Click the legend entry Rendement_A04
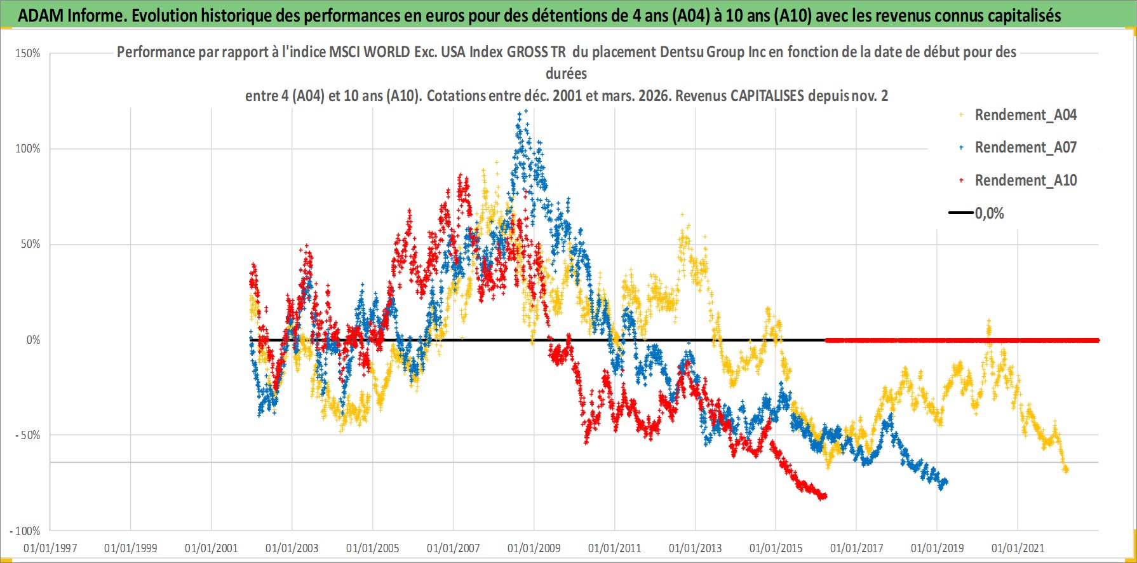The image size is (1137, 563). (1025, 115)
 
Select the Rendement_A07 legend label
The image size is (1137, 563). (1025, 147)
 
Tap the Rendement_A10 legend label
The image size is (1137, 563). (1025, 180)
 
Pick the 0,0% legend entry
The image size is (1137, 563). (989, 214)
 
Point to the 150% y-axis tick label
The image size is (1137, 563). (28, 53)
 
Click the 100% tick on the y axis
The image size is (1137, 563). (28, 149)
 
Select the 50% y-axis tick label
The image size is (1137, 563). (30, 244)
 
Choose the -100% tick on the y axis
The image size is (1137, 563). (25, 531)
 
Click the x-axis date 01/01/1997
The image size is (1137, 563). (50, 548)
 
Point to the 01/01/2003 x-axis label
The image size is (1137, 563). (292, 548)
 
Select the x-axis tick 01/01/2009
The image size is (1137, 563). (534, 548)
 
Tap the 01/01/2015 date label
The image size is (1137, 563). (776, 548)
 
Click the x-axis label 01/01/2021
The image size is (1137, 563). (1018, 548)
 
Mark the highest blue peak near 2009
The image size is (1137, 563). (525, 111)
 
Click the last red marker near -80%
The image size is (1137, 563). (824, 496)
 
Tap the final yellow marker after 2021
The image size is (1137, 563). (1066, 470)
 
